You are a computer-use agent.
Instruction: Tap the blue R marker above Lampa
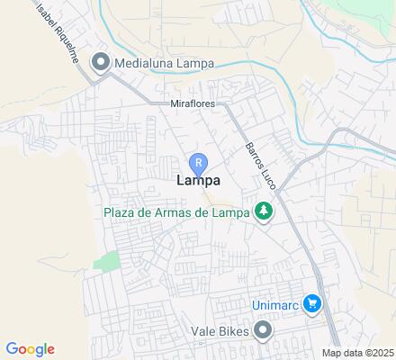(x=198, y=163)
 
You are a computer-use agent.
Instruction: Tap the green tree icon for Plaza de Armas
(x=264, y=212)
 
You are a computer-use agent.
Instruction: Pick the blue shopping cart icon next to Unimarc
(x=311, y=303)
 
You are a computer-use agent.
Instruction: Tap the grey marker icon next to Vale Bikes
(x=263, y=331)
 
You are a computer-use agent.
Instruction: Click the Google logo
(x=30, y=349)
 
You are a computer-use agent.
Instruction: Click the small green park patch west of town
(x=107, y=261)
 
